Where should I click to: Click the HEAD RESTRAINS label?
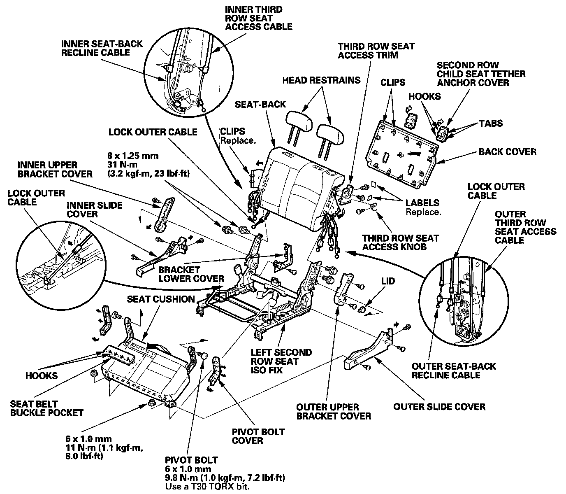coord(321,80)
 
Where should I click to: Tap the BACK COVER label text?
coord(507,151)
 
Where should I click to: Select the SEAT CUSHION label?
coord(161,299)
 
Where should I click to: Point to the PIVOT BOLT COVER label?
coord(258,436)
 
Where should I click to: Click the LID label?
coord(388,281)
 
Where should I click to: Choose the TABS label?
coord(491,123)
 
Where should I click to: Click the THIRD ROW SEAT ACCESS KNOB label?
coord(401,242)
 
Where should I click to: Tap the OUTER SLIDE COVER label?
coord(439,407)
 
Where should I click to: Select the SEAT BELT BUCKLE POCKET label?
coord(47,408)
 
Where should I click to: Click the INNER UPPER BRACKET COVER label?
coord(55,169)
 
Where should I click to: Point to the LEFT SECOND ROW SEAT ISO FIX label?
coord(281,361)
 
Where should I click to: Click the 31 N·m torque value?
coord(122,165)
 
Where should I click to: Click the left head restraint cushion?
coord(299,121)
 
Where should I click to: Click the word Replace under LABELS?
coord(423,212)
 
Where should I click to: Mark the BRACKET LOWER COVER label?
coord(191,274)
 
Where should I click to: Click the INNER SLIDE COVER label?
coord(94,210)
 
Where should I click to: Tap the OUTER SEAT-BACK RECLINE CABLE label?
coord(454,370)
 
